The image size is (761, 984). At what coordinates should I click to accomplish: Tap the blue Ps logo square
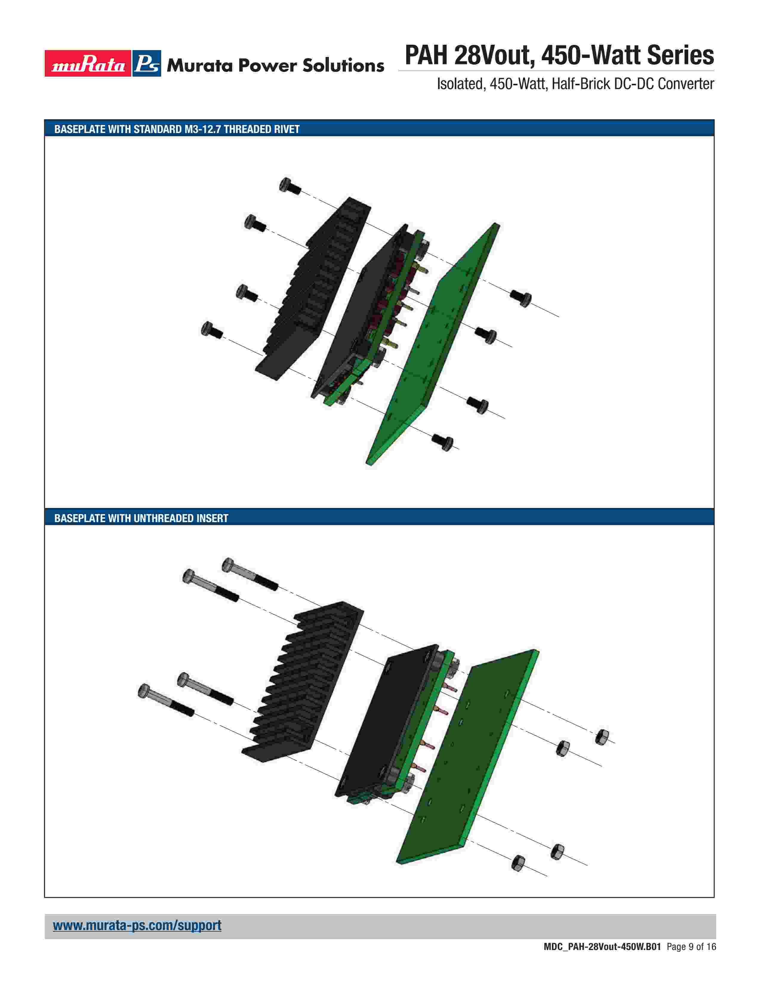147,64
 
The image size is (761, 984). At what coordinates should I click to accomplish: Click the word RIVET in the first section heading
287,129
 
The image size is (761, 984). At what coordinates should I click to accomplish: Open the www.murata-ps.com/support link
137,926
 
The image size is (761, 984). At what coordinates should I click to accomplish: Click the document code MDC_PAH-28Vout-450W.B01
602,960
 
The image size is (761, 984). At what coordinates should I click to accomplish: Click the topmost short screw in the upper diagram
289,186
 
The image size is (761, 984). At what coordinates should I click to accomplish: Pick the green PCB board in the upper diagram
433,344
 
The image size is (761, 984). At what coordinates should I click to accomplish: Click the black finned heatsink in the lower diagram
303,682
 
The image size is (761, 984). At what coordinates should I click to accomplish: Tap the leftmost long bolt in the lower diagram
166,700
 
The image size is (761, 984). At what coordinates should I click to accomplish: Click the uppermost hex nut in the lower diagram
602,737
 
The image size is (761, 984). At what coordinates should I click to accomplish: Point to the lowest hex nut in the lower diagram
518,863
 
